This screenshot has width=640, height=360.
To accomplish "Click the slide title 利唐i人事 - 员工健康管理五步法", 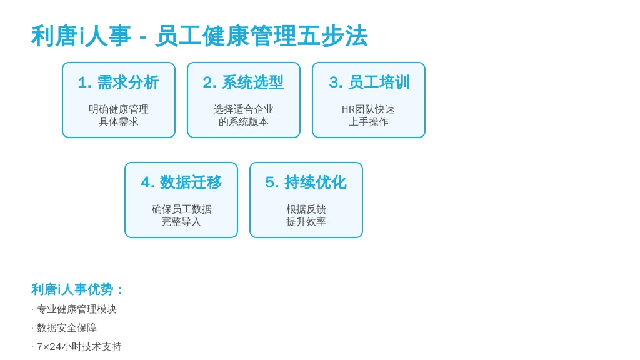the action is (x=199, y=36).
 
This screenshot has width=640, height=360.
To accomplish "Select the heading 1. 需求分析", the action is (x=118, y=82).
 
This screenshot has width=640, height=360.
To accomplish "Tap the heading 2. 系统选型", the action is (x=243, y=82).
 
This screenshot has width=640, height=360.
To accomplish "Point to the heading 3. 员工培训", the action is (x=369, y=82).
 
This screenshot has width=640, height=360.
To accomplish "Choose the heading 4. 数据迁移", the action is (x=181, y=182).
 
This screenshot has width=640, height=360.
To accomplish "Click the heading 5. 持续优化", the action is (x=306, y=182).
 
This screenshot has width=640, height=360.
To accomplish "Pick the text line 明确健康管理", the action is (x=119, y=109).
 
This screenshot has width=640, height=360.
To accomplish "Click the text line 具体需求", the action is (x=119, y=122).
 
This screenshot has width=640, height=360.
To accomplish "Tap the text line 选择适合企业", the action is (x=244, y=109).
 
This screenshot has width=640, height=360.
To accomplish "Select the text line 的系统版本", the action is (x=244, y=122).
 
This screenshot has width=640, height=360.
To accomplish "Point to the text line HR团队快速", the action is (x=368, y=109).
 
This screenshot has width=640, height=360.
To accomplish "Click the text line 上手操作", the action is (x=369, y=122).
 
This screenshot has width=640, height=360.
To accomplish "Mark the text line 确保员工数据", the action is (x=182, y=209).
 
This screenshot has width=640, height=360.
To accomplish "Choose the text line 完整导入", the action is (x=181, y=222).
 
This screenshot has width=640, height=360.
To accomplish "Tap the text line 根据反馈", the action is (x=306, y=209).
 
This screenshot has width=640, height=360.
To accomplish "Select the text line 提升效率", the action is (x=306, y=222).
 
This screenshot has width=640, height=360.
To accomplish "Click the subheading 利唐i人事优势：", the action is (x=77, y=289).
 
